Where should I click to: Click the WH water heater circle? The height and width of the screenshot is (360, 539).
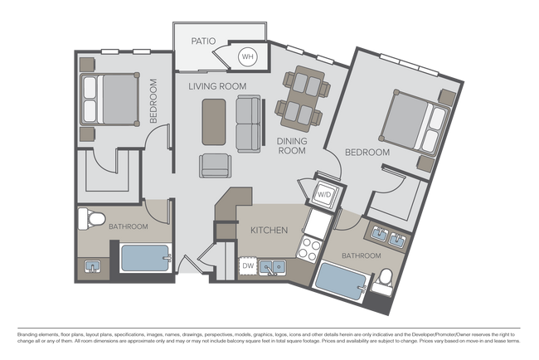coord(247,57)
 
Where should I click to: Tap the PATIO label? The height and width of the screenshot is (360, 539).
coord(203,40)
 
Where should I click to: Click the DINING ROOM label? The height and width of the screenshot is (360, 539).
coord(292,146)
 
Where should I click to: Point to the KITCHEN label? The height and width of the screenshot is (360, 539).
coord(269,230)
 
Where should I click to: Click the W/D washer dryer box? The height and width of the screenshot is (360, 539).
coord(323,194)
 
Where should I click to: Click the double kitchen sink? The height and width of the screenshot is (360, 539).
coord(272,266)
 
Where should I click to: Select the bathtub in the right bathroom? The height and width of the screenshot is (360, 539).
coord(341,280)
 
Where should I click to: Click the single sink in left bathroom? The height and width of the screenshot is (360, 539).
coord(93,266)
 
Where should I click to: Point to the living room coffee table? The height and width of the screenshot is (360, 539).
coord(214,121)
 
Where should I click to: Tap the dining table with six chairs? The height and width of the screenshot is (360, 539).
coord(304,98)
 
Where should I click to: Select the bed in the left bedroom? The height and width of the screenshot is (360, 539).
coord(109,99)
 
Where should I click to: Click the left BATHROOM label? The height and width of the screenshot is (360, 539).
coord(128,226)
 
